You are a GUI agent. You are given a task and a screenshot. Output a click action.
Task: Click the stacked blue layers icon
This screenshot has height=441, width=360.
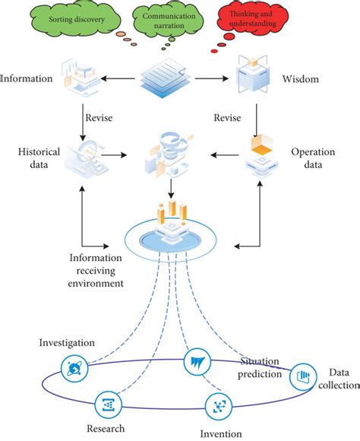pyautogui.click(x=169, y=78)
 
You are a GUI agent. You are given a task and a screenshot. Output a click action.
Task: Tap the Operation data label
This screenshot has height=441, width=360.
pyautogui.click(x=313, y=157)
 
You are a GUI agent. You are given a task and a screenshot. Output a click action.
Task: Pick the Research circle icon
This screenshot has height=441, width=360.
pyautogui.click(x=106, y=404)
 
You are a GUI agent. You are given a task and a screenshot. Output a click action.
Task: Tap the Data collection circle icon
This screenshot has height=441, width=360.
pyautogui.click(x=302, y=376)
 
